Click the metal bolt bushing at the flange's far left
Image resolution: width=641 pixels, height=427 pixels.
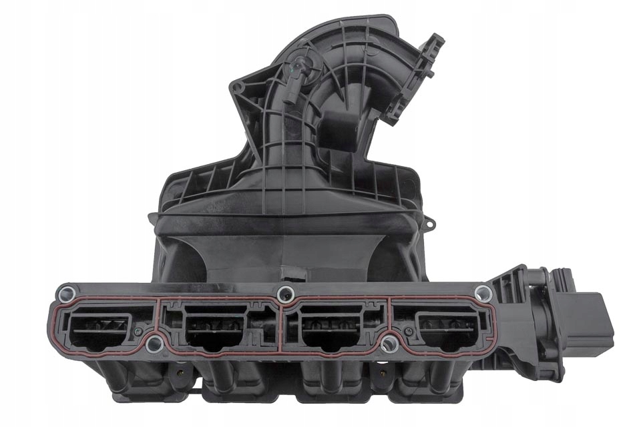[x=65, y=292]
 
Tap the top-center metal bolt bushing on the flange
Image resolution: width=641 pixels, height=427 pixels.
[x=286, y=292]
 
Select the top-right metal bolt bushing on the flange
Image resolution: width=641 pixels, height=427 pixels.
[x=483, y=292]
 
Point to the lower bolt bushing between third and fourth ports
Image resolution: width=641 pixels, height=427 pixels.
[x=390, y=344]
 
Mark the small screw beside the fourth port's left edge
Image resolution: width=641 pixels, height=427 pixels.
[x=401, y=330]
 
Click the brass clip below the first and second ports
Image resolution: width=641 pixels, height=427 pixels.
[x=179, y=367]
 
